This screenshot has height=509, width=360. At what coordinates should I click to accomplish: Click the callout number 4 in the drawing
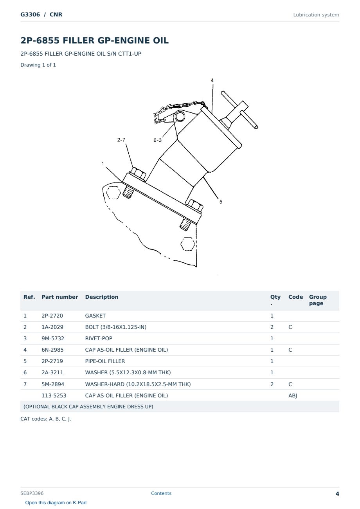tap(212, 80)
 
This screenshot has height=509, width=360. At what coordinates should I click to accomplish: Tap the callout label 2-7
tap(121, 140)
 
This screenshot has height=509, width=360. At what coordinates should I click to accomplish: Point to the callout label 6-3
tap(157, 140)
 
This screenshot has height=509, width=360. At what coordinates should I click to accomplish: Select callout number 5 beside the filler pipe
tap(221, 202)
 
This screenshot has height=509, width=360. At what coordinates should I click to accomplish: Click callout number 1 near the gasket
tap(103, 163)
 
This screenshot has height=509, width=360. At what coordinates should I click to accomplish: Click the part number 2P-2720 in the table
tap(52, 316)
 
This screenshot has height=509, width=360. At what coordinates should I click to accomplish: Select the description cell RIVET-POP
tap(99, 338)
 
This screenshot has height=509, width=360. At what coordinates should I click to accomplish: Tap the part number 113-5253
tap(54, 395)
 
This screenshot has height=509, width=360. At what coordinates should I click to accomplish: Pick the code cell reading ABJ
tap(293, 395)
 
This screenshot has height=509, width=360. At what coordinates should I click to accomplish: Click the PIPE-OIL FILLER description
tap(105, 361)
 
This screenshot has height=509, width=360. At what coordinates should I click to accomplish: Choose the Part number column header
tap(60, 297)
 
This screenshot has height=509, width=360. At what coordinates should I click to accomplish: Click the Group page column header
tap(318, 300)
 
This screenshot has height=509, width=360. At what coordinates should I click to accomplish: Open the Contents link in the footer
tap(161, 493)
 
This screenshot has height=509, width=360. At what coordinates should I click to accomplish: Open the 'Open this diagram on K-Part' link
tap(56, 503)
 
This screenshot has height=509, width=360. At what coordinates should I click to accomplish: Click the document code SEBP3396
tap(32, 493)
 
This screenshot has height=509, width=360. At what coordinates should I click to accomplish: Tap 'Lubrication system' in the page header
tap(316, 15)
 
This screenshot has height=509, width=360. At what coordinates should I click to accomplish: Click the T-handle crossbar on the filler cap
tap(239, 110)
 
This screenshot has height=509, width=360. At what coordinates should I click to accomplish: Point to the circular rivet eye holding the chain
tap(180, 116)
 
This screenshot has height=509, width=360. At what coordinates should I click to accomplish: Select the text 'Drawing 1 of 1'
tap(38, 65)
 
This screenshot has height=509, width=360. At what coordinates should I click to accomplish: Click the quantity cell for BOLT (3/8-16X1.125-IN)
tap(272, 327)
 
